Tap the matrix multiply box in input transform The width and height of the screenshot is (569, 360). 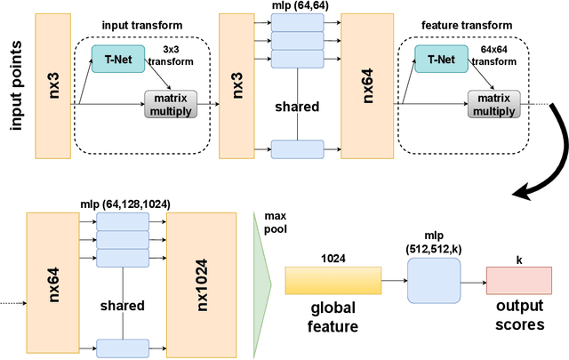point(169,105)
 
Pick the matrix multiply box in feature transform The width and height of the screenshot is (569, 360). point(493,105)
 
